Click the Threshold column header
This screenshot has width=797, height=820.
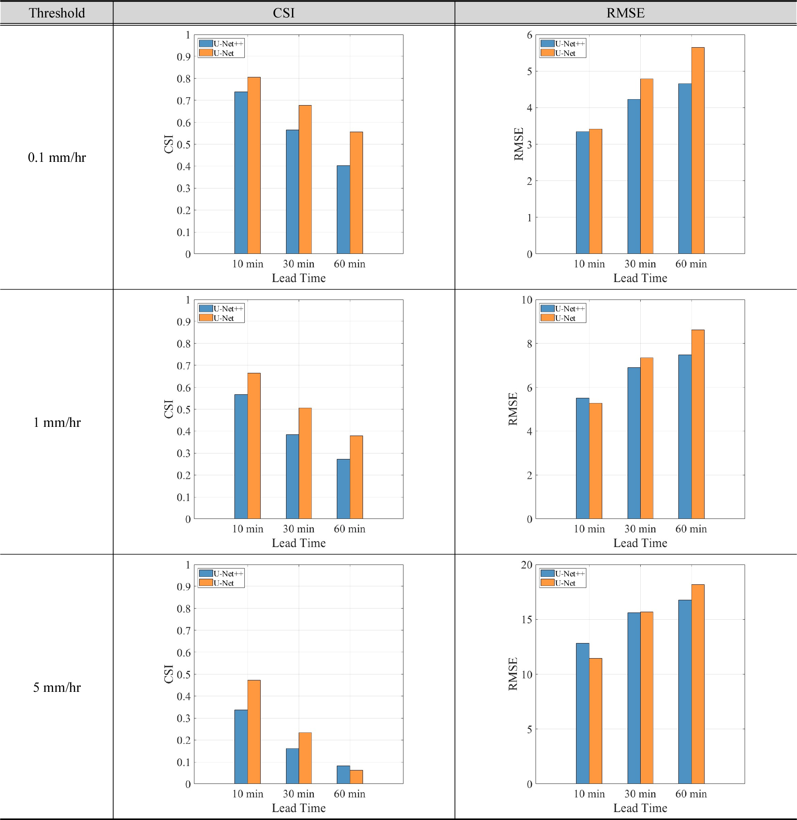tap(56, 13)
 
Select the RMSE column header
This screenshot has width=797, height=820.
tap(625, 13)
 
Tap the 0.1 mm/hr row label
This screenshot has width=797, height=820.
tap(56, 157)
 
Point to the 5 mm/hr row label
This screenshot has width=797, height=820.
tap(56, 687)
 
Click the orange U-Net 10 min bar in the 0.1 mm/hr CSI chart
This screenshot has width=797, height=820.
tap(254, 165)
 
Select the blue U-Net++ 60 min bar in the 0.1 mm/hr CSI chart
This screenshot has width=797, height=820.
tap(343, 209)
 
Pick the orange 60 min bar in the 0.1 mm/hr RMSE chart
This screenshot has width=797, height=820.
tap(698, 151)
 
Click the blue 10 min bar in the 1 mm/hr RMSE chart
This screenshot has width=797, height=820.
tap(582, 458)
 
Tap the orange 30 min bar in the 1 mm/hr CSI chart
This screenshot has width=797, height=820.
tap(305, 463)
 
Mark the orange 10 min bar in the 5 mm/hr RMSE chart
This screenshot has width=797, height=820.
tap(595, 721)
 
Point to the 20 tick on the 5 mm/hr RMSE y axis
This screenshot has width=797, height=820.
tap(526, 565)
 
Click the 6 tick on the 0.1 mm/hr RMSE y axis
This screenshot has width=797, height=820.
tap(530, 35)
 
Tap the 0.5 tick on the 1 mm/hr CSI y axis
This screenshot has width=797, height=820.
tap(183, 409)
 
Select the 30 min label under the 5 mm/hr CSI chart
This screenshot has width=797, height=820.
tap(298, 794)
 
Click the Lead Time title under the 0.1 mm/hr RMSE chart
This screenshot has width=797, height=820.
tap(640, 278)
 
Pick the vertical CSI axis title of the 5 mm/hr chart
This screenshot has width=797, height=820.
tap(169, 674)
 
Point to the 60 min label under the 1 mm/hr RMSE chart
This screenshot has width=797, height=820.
tap(691, 529)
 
